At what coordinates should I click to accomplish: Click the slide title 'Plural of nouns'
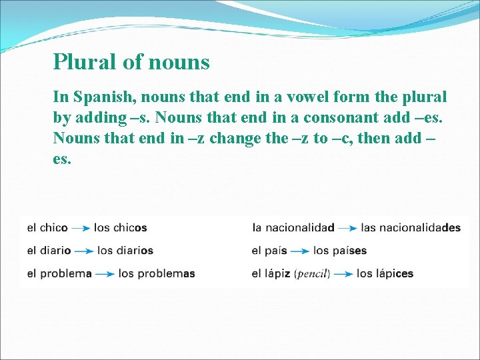click(x=131, y=62)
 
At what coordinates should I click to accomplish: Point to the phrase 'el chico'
click(x=47, y=228)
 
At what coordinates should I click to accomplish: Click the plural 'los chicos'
click(x=121, y=228)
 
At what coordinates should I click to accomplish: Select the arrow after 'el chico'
click(x=81, y=228)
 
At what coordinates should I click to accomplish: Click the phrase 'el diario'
click(x=49, y=251)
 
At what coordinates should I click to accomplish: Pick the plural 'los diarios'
click(x=125, y=251)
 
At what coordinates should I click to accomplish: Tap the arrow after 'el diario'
click(x=84, y=251)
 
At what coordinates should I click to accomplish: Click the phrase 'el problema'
click(x=59, y=273)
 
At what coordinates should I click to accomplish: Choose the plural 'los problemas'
click(x=157, y=273)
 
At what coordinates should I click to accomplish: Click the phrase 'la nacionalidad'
click(x=293, y=228)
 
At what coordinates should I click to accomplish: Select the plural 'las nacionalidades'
click(x=411, y=228)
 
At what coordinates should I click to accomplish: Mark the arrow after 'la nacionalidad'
click(x=347, y=228)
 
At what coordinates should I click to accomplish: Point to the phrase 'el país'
click(x=269, y=251)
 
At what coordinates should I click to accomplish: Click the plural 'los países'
click(x=340, y=251)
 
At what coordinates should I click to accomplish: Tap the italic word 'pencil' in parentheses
click(x=312, y=274)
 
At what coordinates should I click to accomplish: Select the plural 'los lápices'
click(x=385, y=273)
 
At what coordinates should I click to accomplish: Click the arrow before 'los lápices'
click(x=343, y=274)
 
